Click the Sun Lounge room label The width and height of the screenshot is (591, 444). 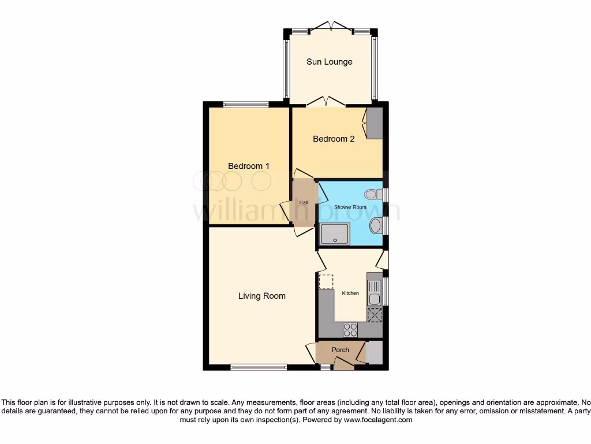coord(329,62)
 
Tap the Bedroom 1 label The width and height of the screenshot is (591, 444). coord(249,166)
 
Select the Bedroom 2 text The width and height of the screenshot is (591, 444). coord(334,139)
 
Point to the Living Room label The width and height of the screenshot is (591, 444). coord(262,296)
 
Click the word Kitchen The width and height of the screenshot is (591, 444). coord(350,293)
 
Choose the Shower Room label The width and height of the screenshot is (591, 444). coord(350,206)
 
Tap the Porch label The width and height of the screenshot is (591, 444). coord(341,350)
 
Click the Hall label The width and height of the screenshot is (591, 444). coord(303,203)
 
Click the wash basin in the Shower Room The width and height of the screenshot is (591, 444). coord(376,225)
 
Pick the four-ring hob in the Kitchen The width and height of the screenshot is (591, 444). coord(350,330)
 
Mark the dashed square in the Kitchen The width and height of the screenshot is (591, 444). coord(326,282)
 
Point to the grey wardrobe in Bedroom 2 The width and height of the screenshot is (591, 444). coord(375,123)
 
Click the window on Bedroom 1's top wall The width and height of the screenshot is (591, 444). coord(246,105)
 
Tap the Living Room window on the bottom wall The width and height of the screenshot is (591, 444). coord(259,367)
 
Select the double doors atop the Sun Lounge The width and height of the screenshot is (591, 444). coord(330,26)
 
